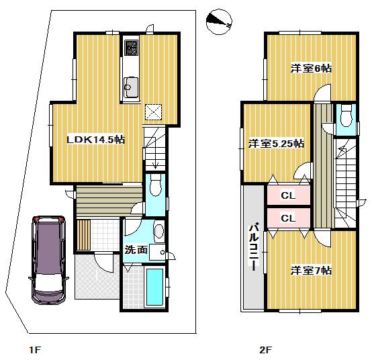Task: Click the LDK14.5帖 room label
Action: (95, 139)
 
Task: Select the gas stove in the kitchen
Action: (130, 48)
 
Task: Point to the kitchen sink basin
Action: (130, 85)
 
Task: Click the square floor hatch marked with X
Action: (154, 112)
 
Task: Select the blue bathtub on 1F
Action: (154, 287)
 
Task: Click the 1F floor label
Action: (35, 349)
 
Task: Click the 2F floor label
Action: (265, 349)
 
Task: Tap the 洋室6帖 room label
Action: (311, 68)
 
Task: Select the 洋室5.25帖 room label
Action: (276, 143)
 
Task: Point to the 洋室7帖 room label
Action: (311, 270)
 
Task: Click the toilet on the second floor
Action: (346, 116)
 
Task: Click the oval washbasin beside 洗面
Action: (158, 232)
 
